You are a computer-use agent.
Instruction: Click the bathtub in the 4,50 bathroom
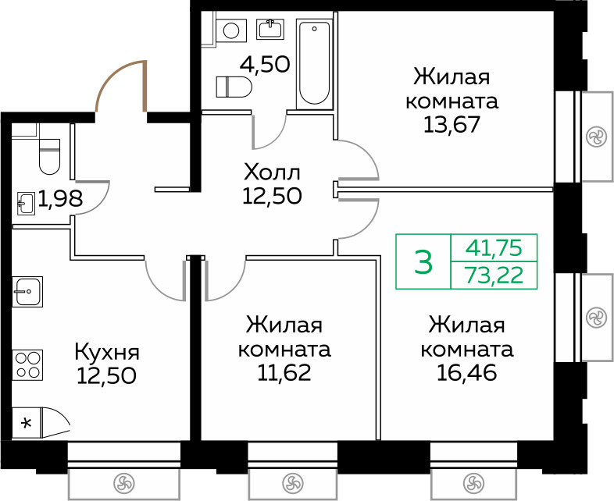314,64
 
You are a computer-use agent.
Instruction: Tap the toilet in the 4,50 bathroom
234,87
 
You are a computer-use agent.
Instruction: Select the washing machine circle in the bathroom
231,30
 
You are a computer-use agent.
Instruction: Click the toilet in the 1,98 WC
49,156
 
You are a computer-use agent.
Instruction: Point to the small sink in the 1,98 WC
27,204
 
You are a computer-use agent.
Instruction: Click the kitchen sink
27,292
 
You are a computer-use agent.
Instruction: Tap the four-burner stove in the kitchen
27,365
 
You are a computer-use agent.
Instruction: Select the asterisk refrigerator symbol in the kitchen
27,423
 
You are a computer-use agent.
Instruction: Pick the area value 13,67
452,125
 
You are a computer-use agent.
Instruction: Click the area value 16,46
467,373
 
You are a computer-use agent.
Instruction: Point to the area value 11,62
284,373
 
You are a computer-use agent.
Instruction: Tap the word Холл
272,172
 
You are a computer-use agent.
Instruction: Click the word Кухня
107,352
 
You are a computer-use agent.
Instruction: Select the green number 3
423,262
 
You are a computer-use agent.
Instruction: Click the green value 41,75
494,248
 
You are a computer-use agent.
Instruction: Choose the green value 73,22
494,275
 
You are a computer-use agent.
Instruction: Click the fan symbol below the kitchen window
123,483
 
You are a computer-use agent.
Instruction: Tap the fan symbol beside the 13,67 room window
596,137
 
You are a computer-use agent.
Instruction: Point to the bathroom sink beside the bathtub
271,29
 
